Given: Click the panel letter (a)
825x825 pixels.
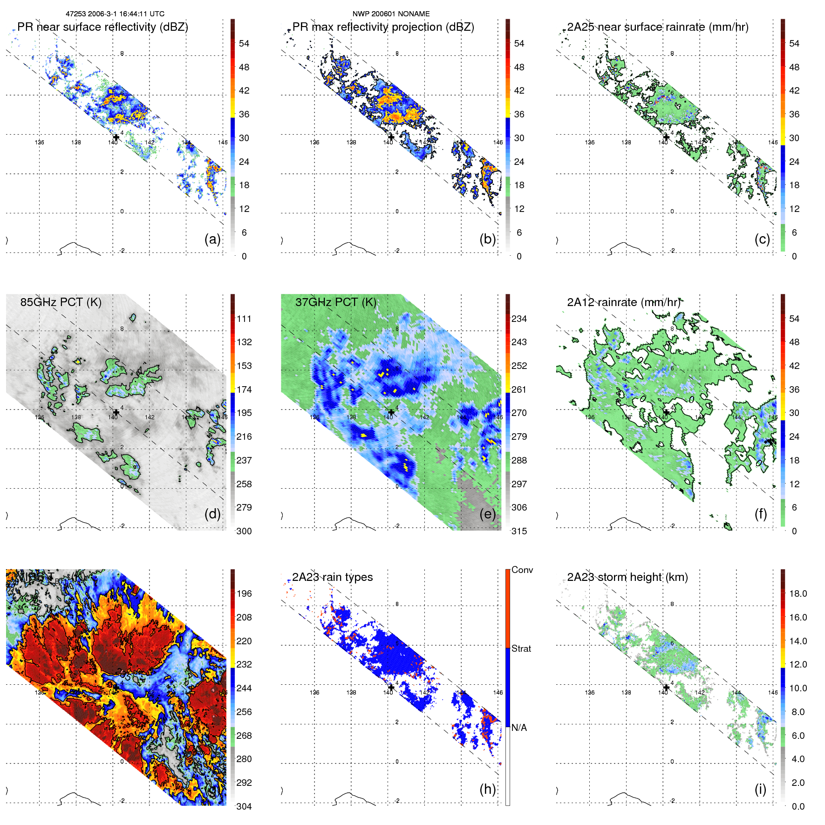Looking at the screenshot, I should click(212, 239).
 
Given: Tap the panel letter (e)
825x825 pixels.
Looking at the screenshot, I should click(488, 514).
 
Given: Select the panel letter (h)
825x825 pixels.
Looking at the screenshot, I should click(488, 789).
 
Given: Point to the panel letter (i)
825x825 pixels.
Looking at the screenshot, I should click(760, 789).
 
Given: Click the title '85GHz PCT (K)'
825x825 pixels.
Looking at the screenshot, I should click(61, 302).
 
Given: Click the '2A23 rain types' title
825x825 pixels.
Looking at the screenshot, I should click(332, 577).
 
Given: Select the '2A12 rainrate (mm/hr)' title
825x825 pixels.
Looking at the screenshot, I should click(623, 302).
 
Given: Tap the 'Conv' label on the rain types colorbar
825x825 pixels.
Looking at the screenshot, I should click(522, 570).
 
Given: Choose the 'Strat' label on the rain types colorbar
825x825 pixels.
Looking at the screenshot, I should click(521, 648).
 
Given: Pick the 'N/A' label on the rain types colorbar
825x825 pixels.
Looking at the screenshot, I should click(519, 728).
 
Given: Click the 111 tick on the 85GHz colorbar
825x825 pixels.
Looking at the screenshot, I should click(244, 319).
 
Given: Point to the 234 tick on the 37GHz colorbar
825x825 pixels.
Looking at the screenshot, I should click(519, 319).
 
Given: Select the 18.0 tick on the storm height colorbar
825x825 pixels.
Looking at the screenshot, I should click(798, 593).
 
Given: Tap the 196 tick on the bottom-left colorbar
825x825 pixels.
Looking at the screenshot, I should click(244, 593).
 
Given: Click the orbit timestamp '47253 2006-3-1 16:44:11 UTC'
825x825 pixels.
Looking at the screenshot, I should click(115, 14).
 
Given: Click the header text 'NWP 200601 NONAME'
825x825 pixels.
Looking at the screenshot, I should click(391, 14).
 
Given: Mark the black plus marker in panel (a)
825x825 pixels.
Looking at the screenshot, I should click(116, 137).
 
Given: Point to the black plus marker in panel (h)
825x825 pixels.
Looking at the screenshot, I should click(391, 687).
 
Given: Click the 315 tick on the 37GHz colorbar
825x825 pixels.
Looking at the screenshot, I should click(519, 531).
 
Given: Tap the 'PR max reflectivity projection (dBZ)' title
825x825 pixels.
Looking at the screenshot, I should click(383, 27).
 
